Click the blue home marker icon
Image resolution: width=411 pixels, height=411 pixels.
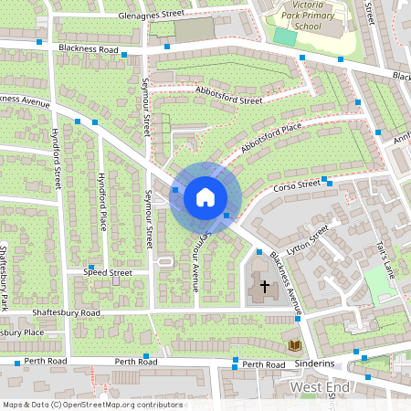pos(205,197)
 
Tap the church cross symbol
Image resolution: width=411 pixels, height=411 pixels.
pos(265,287)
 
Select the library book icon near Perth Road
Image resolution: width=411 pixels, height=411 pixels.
pos(295,345)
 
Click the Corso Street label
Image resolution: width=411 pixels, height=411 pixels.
pos(297,185)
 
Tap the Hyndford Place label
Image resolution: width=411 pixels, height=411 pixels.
pos(102,201)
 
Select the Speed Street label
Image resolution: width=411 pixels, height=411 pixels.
pos(108,272)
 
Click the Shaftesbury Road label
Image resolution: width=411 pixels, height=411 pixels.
pos(65,312)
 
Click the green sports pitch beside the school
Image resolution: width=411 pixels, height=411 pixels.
pos(285,37)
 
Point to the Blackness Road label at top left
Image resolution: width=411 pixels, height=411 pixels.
pos(88,47)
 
